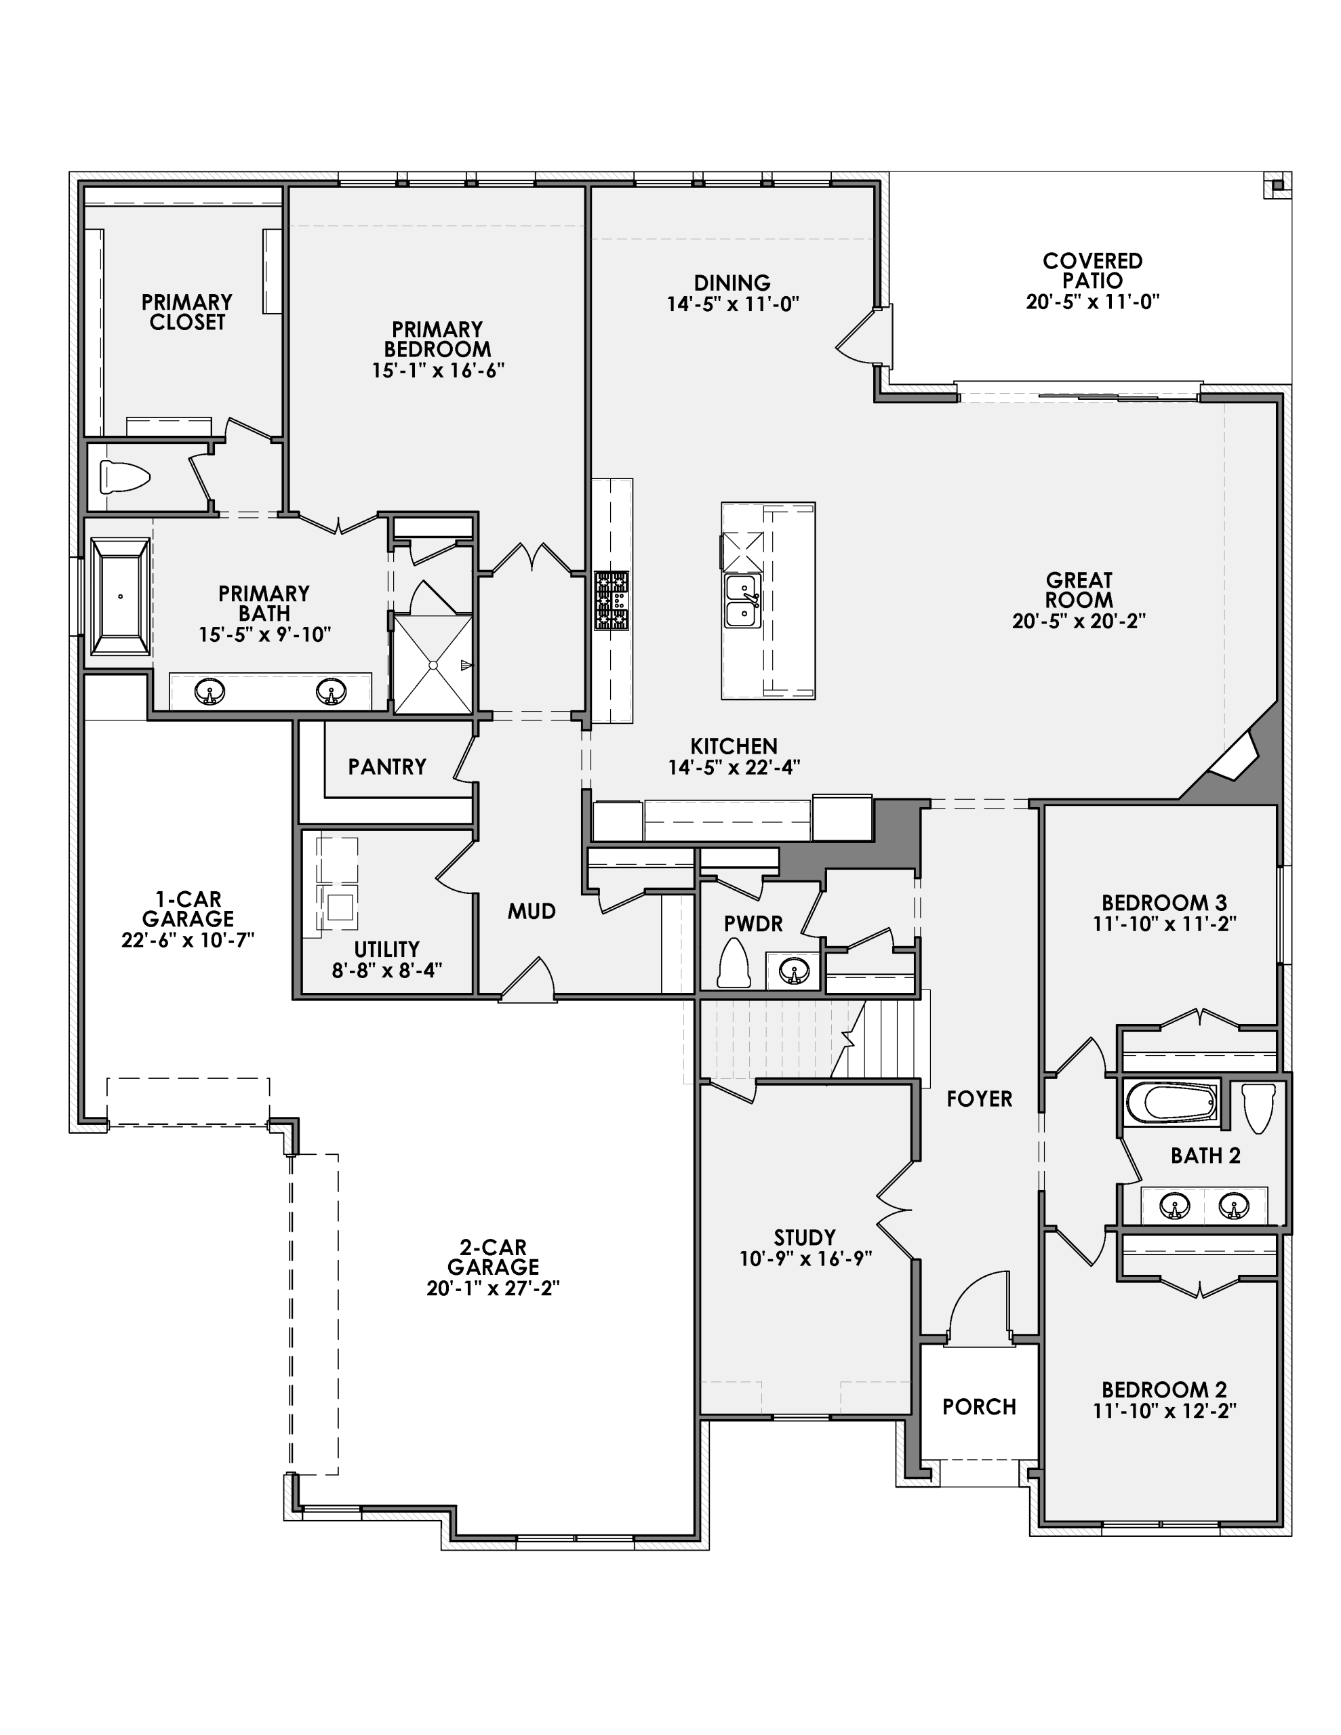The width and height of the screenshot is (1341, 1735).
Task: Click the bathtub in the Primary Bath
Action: coord(120,596)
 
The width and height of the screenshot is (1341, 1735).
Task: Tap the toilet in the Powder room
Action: coord(734,964)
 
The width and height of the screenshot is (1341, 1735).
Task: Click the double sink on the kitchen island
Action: coord(743,601)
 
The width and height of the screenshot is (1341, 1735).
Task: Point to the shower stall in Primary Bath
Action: coord(433,664)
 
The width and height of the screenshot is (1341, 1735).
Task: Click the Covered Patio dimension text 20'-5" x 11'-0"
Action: coord(1092,302)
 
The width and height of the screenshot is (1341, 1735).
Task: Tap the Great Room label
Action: coord(1078,590)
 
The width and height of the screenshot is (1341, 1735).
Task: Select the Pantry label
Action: coord(387,767)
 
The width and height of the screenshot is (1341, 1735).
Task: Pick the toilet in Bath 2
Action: coord(1258,1106)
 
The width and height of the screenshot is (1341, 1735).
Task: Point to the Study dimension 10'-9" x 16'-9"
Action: coord(805,1259)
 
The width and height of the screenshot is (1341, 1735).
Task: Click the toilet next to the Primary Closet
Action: coord(124,477)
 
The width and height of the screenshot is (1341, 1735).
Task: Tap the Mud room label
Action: coord(532,911)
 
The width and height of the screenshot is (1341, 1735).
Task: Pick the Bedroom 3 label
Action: coord(1164,903)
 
